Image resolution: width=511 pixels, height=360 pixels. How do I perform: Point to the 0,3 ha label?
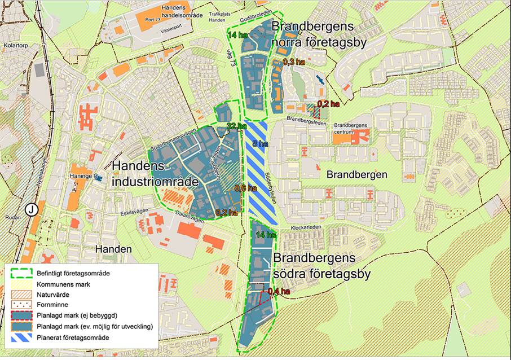coord(291,62)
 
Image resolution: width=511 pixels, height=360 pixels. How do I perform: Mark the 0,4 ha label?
coord(279,292)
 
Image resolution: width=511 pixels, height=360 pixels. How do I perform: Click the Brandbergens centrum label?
coord(350,128)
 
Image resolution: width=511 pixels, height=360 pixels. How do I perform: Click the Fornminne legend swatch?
coord(21,304)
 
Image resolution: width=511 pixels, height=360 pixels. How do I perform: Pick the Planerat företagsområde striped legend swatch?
coord(21,338)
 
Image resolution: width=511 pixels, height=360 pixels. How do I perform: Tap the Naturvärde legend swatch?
coord(21,293)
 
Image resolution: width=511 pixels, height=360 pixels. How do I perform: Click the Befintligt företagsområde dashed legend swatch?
coord(21,273)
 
